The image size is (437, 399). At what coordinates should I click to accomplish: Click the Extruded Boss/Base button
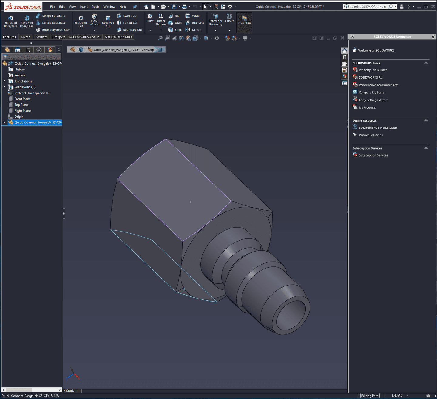pos(11,22)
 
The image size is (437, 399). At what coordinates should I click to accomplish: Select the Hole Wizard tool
pos(94,20)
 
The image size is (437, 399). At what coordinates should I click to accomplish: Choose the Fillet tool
pos(150,18)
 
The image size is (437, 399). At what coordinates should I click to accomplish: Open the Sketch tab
pos(25,37)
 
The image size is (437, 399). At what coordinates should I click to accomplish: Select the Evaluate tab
pos(41,37)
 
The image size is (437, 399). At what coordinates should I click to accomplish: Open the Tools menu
pos(95,7)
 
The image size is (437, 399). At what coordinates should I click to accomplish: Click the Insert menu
pos(84,7)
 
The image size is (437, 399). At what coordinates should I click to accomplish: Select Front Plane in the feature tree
pos(22,99)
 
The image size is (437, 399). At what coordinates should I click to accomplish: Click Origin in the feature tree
pos(19,117)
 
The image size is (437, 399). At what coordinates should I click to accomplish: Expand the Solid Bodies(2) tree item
pos(4,87)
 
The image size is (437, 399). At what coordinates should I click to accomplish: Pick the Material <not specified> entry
pos(32,93)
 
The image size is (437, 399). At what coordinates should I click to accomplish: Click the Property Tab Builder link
pos(373,70)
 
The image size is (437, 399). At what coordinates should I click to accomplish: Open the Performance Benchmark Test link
pos(378,85)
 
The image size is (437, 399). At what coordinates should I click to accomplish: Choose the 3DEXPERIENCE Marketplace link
pos(378,128)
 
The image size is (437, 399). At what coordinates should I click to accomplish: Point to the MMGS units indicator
pos(397,396)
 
